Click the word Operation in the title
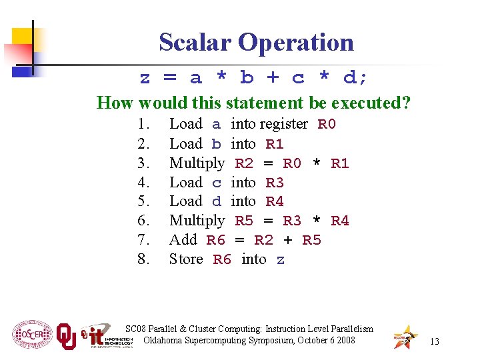click(295, 42)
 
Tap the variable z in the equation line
click(145, 78)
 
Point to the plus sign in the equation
click(272, 78)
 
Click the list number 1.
click(143, 125)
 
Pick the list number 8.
click(143, 259)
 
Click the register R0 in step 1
click(327, 125)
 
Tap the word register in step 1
click(283, 125)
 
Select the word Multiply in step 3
click(197, 163)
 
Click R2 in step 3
click(244, 163)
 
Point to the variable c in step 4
click(216, 183)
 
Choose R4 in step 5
click(275, 201)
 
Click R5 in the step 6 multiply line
click(244, 221)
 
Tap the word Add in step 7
click(183, 240)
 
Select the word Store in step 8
click(186, 259)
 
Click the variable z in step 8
click(281, 259)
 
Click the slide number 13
click(435, 341)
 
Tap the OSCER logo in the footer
click(31, 334)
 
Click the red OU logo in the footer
click(66, 336)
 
